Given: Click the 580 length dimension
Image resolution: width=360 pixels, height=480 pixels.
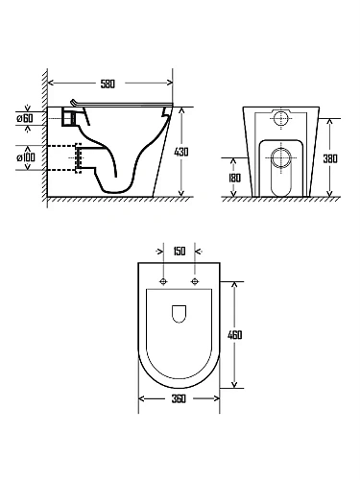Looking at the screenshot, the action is coord(108,84).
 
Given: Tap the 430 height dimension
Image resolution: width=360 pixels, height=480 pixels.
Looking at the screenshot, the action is coord(181,152).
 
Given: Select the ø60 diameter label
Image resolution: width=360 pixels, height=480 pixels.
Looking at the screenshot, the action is coord(25,118).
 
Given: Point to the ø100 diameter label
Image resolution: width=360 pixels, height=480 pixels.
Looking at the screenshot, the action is coord(26,157).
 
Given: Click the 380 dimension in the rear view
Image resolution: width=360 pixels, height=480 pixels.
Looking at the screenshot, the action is coord(330,158).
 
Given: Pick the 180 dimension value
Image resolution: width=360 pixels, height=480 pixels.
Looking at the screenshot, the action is coord(234,178).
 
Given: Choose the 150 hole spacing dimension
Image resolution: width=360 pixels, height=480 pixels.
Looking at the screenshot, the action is coord(180,252).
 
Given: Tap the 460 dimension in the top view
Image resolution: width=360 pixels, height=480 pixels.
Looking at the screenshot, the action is coord(235,335).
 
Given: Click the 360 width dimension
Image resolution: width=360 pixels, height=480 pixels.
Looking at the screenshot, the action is coord(179,399).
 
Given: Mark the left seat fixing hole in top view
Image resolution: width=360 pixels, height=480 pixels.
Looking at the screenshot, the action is coord(163,281).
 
